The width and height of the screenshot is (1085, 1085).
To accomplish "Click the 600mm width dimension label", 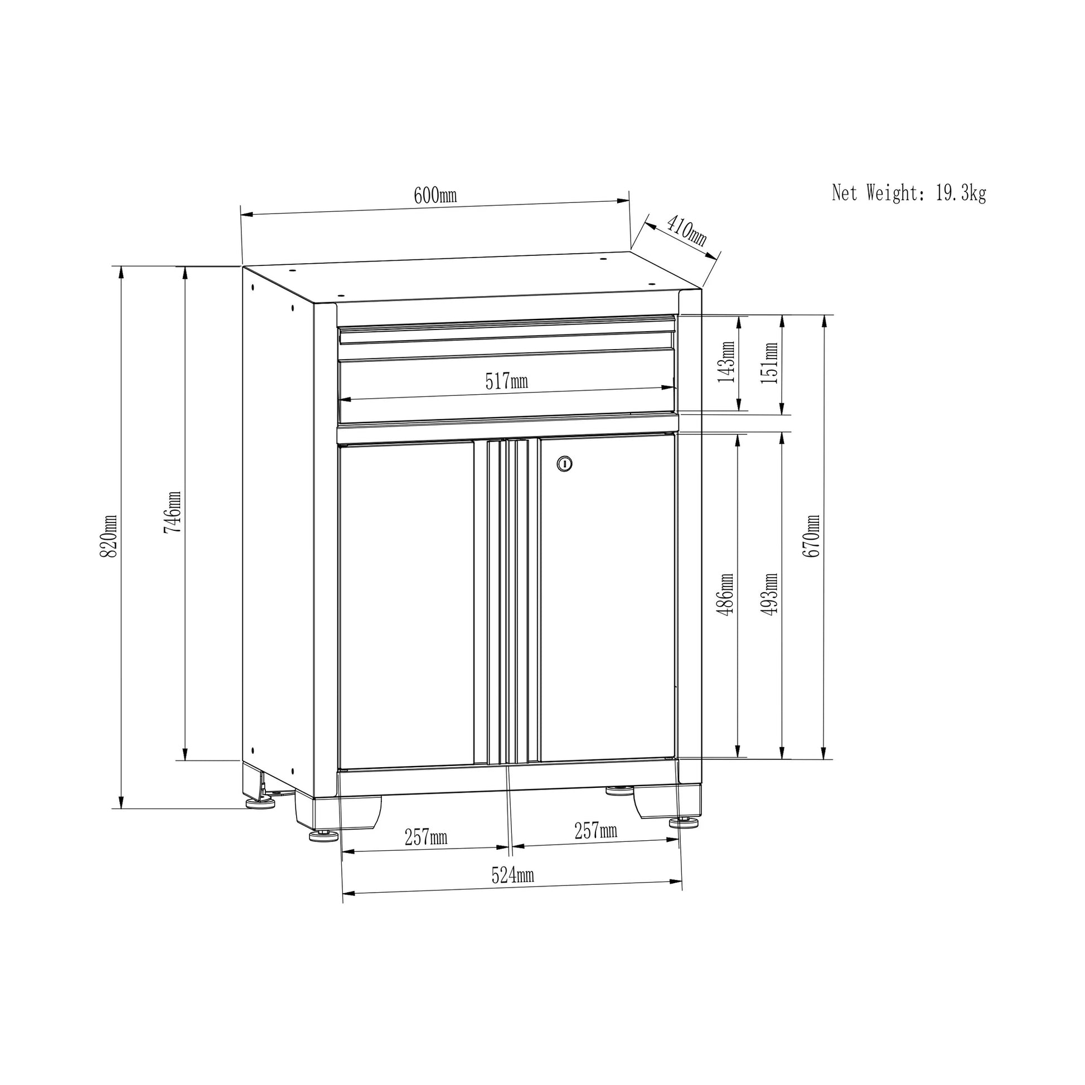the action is [x=435, y=196].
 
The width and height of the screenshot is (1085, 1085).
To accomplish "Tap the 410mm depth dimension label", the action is [x=686, y=230].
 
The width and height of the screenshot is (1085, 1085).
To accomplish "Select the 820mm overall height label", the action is [x=108, y=536].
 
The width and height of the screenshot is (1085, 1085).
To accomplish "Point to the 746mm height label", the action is [x=172, y=513].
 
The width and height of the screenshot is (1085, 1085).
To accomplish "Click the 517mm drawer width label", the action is [x=507, y=382].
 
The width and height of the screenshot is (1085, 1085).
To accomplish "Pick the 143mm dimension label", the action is [x=726, y=362].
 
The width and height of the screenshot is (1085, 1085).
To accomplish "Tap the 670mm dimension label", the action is [x=811, y=536].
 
